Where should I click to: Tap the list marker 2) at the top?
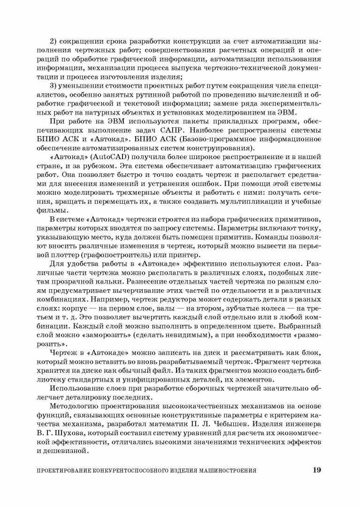(x=54, y=43)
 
